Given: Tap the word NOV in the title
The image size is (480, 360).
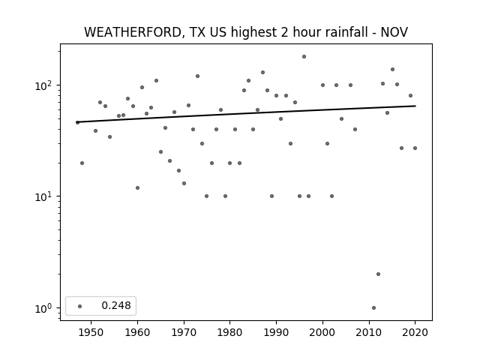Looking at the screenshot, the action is tap(394, 32).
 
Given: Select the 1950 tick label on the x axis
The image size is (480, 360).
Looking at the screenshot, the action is tap(91, 332).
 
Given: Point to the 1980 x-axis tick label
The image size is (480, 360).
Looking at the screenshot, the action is tap(229, 332).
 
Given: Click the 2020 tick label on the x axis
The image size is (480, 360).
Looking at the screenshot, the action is tap(415, 332).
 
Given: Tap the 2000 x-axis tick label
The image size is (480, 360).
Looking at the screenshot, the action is tap(322, 332).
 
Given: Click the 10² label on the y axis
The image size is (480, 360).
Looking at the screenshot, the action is tap(44, 85).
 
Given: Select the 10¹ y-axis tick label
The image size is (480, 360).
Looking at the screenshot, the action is tap(44, 196).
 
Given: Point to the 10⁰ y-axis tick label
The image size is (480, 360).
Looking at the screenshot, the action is tap(44, 308).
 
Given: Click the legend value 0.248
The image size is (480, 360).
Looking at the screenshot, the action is tap(116, 305).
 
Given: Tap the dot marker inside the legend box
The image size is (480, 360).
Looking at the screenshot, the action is tap(80, 306).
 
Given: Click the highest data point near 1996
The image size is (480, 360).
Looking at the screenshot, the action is tap(304, 57).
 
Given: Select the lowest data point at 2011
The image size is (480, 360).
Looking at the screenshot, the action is tap(373, 308).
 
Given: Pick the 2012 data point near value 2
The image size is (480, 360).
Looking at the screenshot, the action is tap(378, 274).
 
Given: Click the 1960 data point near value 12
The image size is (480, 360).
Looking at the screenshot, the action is tap(137, 187).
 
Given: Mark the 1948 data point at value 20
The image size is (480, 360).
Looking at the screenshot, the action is tap(82, 163).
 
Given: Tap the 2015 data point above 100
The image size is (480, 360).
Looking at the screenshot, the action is tap(392, 70).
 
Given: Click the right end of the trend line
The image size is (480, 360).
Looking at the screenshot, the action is tap(415, 106).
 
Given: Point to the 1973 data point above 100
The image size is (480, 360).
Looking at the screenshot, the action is tap(197, 76).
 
